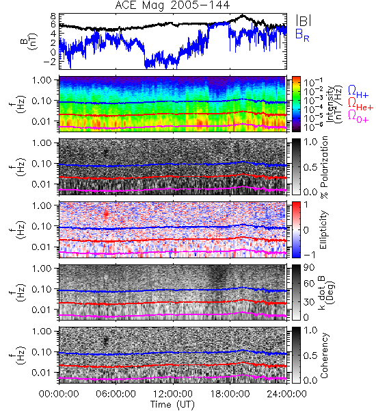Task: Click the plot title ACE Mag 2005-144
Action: pos(172,5)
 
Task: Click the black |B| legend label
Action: pos(304,21)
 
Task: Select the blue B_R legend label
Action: pos(302,35)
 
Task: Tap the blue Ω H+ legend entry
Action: pos(358,92)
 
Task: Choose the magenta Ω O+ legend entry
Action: pos(358,116)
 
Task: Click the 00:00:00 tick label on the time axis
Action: pos(59,394)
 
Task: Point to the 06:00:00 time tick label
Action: pos(116,394)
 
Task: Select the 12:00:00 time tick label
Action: pos(173,394)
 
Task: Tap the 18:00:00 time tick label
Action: pos(230,394)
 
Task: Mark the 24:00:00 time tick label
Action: pos(286,394)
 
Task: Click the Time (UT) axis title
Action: pos(173,404)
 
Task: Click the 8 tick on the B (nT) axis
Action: pos(53,16)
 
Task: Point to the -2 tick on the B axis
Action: pos(50,62)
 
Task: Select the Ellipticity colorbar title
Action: pos(323,229)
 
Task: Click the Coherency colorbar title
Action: pos(323,356)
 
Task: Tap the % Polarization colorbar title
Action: pos(324,167)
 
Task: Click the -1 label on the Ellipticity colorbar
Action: pos(309,255)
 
